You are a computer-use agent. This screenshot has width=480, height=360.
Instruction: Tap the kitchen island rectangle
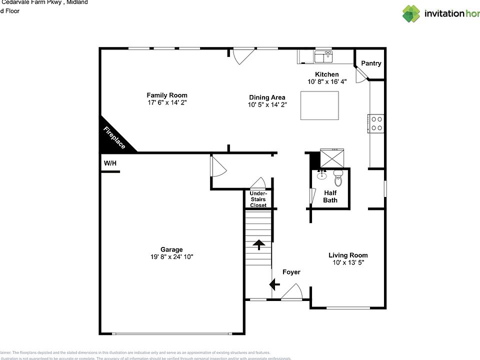pyautogui.click(x=319, y=105)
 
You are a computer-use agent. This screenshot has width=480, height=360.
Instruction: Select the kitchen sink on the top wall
pyautogui.click(x=323, y=57)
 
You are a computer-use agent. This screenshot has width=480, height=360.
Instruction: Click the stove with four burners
pyautogui.click(x=376, y=123)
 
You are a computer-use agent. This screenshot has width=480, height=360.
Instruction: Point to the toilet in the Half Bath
pyautogui.click(x=338, y=176)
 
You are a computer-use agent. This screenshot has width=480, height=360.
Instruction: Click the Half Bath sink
pyautogui.click(x=321, y=175)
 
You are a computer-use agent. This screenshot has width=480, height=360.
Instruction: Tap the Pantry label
pyautogui.click(x=371, y=63)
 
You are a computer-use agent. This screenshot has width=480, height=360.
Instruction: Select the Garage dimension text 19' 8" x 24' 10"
pyautogui.click(x=171, y=257)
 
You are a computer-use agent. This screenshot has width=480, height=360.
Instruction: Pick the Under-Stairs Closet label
pyautogui.click(x=258, y=199)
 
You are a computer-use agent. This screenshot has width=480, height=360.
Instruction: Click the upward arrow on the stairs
pyautogui.click(x=258, y=245)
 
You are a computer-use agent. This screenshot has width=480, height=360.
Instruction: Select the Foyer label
pyautogui.click(x=291, y=272)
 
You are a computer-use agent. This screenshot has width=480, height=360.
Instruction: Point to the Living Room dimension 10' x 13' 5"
pyautogui.click(x=348, y=262)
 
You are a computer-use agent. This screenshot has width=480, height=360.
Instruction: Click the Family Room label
pyautogui.click(x=167, y=95)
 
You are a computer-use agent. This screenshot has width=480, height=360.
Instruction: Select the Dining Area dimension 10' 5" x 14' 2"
pyautogui.click(x=267, y=105)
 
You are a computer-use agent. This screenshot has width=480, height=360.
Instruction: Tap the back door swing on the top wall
pyautogui.click(x=243, y=55)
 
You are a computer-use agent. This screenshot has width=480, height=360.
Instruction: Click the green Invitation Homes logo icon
pyautogui.click(x=411, y=13)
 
